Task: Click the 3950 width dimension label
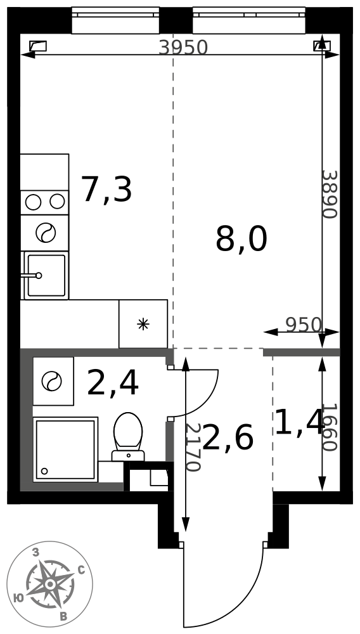(x=183, y=48)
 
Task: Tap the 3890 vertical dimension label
(x=330, y=194)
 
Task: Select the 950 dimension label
(x=304, y=324)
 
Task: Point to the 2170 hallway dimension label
(x=193, y=447)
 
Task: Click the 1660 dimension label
(x=330, y=427)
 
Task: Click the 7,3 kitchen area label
(x=106, y=190)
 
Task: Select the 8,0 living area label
(x=241, y=240)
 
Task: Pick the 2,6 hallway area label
(x=228, y=437)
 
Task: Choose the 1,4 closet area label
(x=299, y=422)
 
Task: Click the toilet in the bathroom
(x=128, y=437)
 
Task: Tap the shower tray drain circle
(x=44, y=471)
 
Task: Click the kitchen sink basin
(x=46, y=275)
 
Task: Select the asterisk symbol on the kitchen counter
(x=143, y=324)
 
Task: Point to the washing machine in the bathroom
(x=53, y=381)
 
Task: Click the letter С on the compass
(x=80, y=571)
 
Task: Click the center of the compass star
(x=49, y=585)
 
